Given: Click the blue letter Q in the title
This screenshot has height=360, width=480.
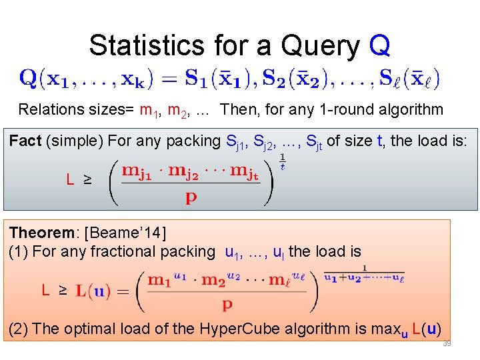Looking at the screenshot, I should [379, 46].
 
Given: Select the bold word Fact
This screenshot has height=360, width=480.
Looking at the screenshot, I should [25, 141].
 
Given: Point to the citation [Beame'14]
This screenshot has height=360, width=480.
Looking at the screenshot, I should [127, 233].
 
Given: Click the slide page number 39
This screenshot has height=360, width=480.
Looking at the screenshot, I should [446, 343].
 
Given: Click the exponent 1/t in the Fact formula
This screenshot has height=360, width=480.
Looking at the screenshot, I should [283, 162].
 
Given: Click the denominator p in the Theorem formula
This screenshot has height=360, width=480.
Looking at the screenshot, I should [227, 305].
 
